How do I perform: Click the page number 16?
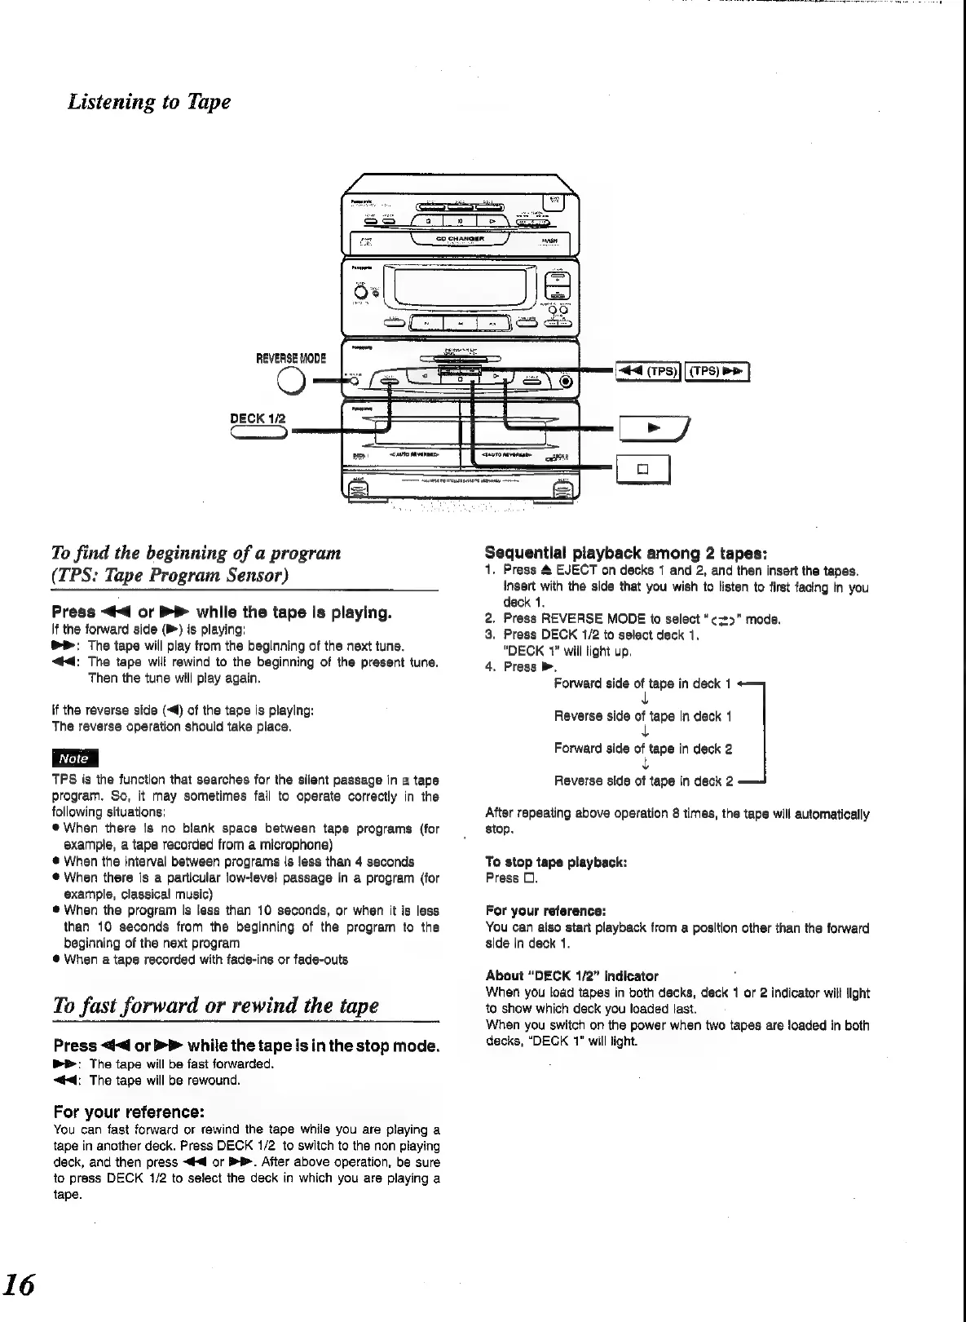tap(19, 1285)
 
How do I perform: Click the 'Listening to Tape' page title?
tap(149, 102)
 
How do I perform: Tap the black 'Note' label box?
tap(74, 758)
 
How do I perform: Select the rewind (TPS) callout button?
tap(646, 371)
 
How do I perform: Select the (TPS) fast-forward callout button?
tap(717, 371)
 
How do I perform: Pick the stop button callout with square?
tap(642, 469)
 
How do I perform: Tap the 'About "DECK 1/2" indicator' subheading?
tap(571, 975)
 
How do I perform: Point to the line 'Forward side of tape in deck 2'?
tap(643, 748)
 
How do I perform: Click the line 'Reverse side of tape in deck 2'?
tap(643, 780)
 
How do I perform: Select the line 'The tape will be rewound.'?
tap(165, 1080)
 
